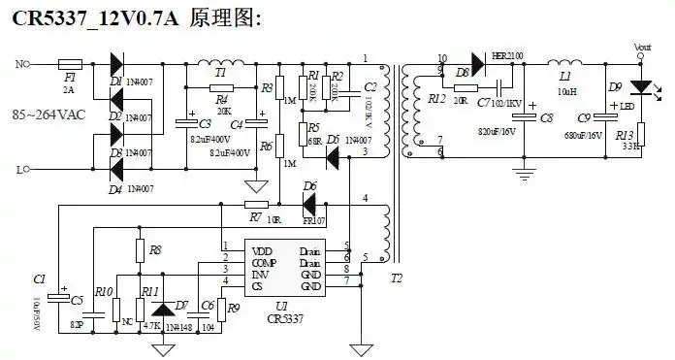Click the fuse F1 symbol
click(x=69, y=65)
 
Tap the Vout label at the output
click(x=642, y=47)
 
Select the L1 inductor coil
click(x=568, y=65)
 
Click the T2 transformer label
click(x=396, y=278)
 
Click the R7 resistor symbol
click(x=256, y=205)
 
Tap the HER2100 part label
click(x=506, y=56)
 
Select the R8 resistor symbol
click(x=140, y=251)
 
